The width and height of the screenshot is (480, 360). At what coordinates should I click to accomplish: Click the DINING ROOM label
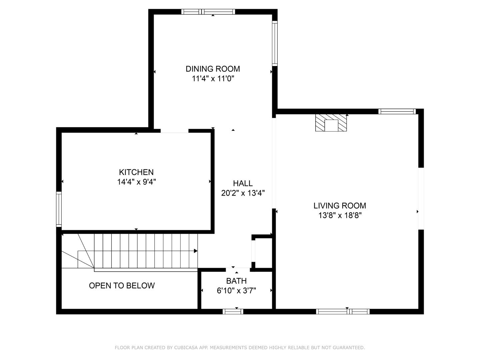click(x=213, y=69)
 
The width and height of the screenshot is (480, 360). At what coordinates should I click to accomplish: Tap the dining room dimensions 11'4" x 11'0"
click(x=213, y=79)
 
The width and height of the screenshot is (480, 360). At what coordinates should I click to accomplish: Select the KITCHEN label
click(x=136, y=172)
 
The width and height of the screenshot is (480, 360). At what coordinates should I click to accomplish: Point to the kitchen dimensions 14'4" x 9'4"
click(x=136, y=182)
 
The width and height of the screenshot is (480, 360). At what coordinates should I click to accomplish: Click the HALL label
click(x=243, y=183)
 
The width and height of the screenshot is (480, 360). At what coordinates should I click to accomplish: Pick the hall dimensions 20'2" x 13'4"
click(x=243, y=193)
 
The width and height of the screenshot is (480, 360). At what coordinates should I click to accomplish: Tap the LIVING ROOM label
click(x=340, y=205)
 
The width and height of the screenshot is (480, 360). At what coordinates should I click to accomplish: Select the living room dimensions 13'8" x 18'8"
click(x=340, y=215)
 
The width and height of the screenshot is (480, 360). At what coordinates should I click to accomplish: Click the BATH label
click(x=236, y=281)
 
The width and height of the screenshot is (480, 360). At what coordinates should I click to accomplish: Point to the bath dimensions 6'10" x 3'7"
click(x=236, y=291)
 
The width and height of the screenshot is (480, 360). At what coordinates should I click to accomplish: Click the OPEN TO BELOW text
click(x=122, y=285)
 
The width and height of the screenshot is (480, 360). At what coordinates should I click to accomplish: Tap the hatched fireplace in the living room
click(x=331, y=123)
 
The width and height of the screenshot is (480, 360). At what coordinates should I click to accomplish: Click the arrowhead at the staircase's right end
click(x=196, y=251)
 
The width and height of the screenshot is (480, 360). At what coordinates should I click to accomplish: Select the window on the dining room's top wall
click(x=208, y=12)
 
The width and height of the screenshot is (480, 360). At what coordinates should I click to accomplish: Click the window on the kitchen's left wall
click(x=59, y=209)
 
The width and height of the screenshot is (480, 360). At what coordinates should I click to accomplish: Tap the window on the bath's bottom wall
click(x=233, y=311)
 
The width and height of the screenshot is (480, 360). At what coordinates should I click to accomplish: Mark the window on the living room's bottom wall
click(x=343, y=311)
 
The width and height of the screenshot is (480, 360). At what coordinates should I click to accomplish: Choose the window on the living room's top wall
click(x=397, y=111)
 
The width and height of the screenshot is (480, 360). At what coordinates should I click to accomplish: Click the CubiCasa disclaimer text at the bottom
click(x=240, y=347)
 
